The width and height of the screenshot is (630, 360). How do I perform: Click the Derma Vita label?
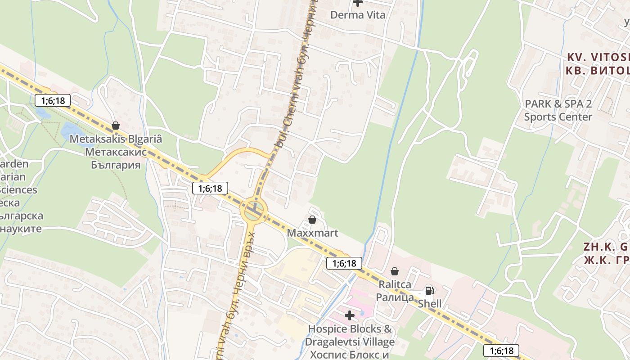coord(358,15)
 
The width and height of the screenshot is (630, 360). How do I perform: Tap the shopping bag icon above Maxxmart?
coord(312,220)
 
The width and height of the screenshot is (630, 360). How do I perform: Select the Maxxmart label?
coord(312,234)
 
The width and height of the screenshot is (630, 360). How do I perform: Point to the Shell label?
coord(430,304)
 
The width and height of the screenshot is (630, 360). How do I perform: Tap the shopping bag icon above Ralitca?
coord(395,271)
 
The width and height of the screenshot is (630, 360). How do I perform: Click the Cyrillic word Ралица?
coord(395,297)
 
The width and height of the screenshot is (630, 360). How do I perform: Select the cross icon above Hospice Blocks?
coord(350,315)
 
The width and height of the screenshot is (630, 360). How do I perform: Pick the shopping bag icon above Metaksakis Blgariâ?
coord(116,126)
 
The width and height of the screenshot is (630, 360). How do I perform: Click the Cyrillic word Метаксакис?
coord(116,152)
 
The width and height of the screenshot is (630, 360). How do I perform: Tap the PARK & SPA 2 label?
coord(558,104)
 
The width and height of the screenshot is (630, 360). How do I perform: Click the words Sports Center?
coord(558,117)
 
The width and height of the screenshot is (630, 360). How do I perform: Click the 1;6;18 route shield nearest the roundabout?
coord(210,188)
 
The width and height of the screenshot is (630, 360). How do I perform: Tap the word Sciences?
coord(18,189)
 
